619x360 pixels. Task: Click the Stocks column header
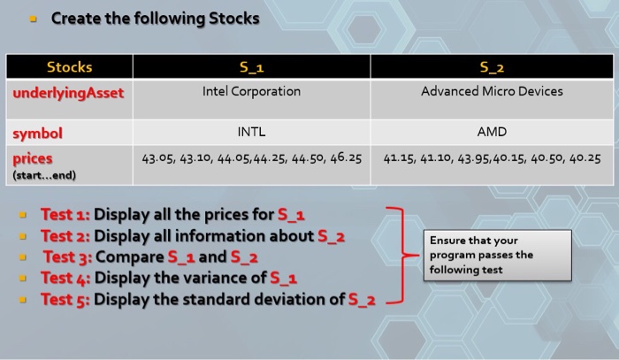(69, 66)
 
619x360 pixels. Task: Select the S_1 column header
(252, 66)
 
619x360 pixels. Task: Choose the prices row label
(33, 158)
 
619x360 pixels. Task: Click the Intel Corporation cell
(251, 91)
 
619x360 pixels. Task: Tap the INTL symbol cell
(252, 132)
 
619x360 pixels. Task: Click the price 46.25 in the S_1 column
(348, 159)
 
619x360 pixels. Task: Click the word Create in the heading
(77, 18)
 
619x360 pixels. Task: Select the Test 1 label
(65, 215)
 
